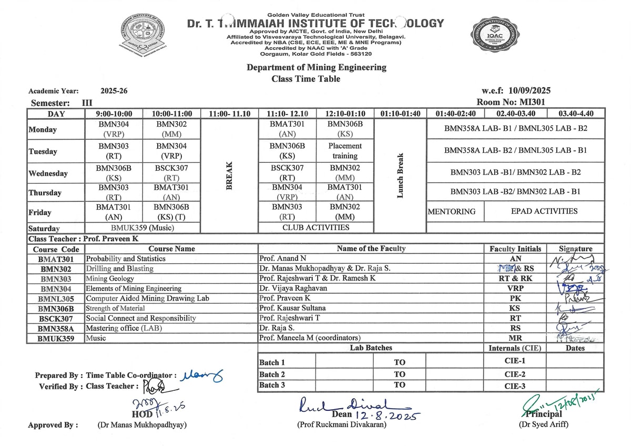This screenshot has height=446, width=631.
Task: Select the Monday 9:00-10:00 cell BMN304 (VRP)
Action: pyautogui.click(x=114, y=129)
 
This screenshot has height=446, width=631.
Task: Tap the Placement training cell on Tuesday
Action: pyautogui.click(x=345, y=151)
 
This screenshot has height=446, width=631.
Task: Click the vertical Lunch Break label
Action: pyautogui.click(x=400, y=175)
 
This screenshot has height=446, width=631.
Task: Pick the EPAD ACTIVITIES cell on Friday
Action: pyautogui.click(x=544, y=211)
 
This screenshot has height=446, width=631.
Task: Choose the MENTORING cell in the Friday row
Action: pyautogui.click(x=452, y=212)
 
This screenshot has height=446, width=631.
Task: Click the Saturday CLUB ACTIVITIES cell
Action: pyautogui.click(x=316, y=227)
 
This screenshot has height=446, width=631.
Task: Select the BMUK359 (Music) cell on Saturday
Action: pyautogui.click(x=143, y=228)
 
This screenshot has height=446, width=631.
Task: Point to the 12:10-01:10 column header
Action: pyautogui.click(x=345, y=113)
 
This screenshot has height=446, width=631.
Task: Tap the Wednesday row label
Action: pyautogui.click(x=48, y=173)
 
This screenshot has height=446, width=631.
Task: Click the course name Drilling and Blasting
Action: pyautogui.click(x=120, y=268)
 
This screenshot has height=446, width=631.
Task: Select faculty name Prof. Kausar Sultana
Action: pyautogui.click(x=292, y=308)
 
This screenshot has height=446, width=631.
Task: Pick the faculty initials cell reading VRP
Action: pyautogui.click(x=515, y=288)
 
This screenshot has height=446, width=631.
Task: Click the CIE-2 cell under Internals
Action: pyautogui.click(x=515, y=374)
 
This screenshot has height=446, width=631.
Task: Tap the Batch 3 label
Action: pyautogui.click(x=272, y=385)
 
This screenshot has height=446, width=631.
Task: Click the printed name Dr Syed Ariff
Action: pyautogui.click(x=543, y=424)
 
